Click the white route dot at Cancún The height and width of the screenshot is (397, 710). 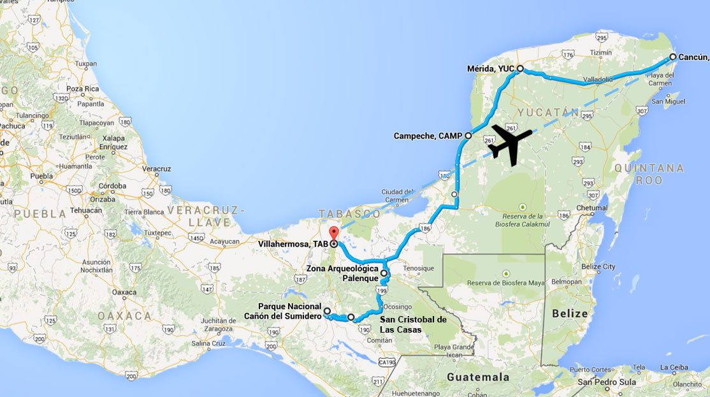672,57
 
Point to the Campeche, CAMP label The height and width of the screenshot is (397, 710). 428,136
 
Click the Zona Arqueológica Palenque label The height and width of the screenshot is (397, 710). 342,273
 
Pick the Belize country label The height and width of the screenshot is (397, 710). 570,314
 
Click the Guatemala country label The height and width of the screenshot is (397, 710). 478,377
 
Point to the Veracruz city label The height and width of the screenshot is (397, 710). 156,169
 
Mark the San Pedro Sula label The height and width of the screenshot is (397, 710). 602,382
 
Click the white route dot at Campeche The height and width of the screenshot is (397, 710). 468,136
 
